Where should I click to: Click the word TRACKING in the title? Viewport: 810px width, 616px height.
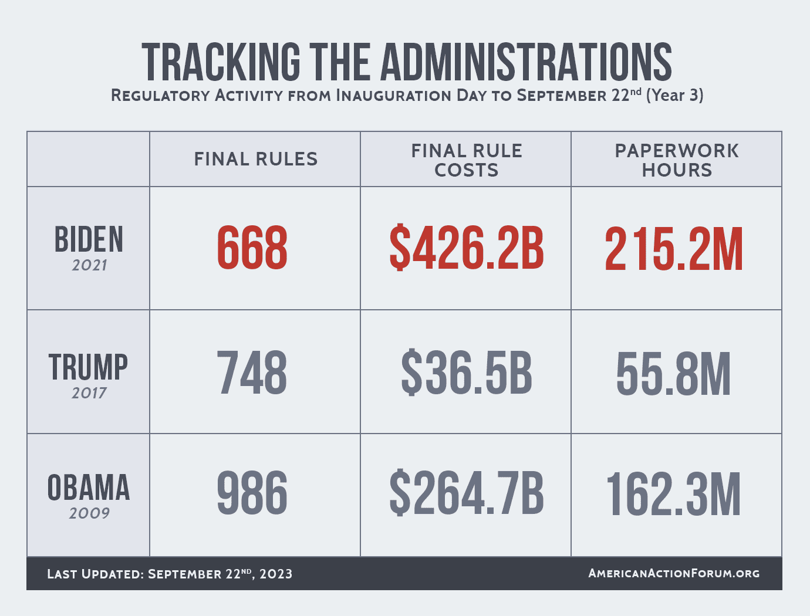[221, 62]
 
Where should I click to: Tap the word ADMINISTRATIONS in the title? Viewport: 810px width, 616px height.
[526, 62]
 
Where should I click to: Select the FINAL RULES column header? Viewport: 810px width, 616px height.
[256, 159]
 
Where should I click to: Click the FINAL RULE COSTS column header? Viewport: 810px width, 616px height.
[467, 160]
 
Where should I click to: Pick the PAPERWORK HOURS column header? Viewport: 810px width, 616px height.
[677, 160]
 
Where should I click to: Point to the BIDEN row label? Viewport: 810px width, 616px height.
[89, 240]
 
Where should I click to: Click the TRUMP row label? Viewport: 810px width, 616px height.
[89, 368]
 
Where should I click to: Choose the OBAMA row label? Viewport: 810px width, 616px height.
[89, 488]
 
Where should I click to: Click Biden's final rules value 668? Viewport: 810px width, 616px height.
[252, 249]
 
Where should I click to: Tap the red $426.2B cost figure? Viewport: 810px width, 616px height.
[467, 249]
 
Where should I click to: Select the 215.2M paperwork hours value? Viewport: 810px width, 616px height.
[674, 250]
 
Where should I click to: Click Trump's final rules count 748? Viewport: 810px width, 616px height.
[252, 373]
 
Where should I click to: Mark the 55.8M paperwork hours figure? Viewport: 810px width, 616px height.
[674, 374]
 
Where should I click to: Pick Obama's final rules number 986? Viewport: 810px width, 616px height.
[252, 493]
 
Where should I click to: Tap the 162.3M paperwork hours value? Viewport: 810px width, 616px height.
[674, 495]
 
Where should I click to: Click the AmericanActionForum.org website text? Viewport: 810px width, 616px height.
[674, 573]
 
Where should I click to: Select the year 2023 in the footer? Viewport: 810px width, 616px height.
[276, 574]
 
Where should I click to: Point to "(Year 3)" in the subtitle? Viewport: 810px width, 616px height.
[674, 95]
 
